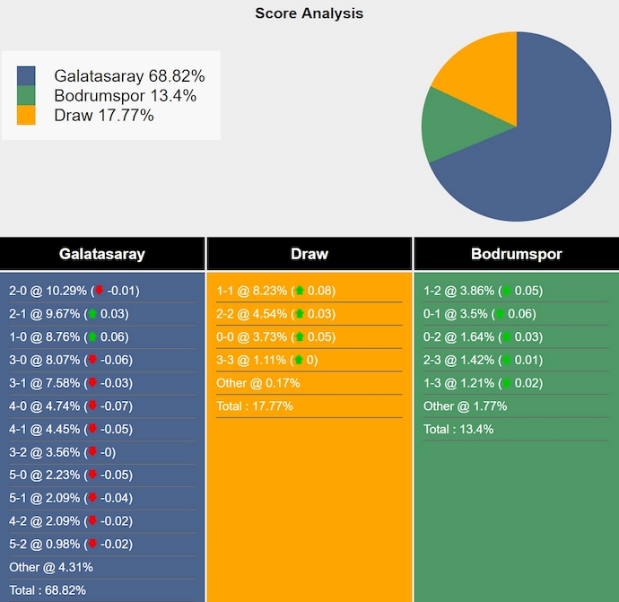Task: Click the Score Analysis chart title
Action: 309,13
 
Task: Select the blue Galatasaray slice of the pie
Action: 547,153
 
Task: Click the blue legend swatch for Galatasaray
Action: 26,75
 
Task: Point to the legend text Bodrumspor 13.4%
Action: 125,96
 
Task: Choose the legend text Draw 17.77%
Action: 104,115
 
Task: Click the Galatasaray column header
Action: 102,254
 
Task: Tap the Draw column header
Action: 309,254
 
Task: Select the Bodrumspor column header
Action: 516,254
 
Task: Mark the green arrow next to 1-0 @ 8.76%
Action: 92,336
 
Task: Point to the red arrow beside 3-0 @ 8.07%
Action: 92,360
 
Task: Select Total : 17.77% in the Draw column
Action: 254,406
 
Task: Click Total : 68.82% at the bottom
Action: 47,590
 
